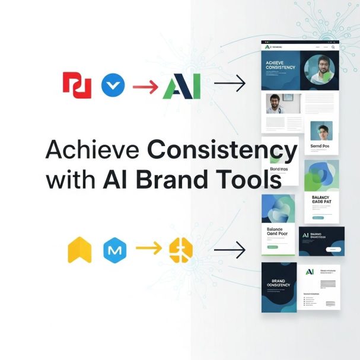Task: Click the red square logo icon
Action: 77,85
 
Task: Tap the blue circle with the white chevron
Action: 113,85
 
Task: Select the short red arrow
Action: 145,86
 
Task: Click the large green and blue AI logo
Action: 181,86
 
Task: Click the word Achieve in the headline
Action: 91,150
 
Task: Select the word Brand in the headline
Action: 184,179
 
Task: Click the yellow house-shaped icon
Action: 81,250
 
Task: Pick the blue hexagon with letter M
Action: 115,250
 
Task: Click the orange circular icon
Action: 181,250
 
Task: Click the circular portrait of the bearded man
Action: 319,70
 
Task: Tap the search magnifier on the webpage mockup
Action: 333,46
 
